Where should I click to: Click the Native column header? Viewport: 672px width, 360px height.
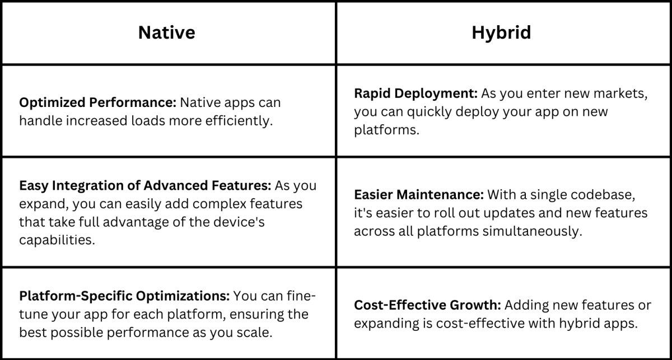point(166,32)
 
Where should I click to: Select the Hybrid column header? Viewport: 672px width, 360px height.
point(501,32)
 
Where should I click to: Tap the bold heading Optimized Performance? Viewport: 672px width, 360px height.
point(97,104)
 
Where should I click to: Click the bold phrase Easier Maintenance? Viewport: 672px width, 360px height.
point(418,195)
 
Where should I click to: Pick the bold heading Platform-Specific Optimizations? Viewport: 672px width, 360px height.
point(124,295)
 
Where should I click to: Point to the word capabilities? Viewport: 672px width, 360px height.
point(55,240)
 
